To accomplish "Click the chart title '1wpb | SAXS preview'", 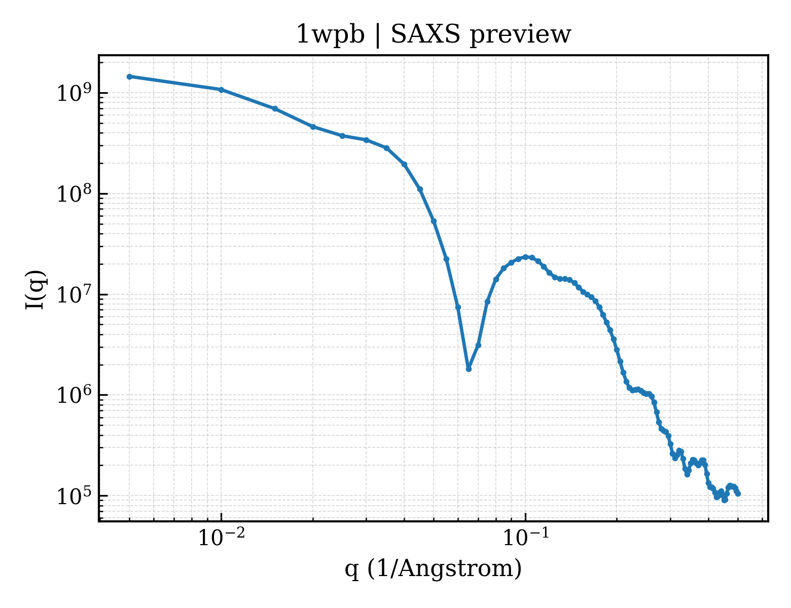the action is click(x=433, y=35).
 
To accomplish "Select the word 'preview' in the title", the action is click(x=521, y=36).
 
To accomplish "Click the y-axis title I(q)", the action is click(x=35, y=289).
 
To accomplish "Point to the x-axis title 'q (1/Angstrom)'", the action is click(x=433, y=569).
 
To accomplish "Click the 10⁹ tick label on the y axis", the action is click(x=77, y=93).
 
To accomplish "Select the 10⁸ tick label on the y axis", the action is click(x=77, y=194).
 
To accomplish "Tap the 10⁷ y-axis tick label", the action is click(x=77, y=294).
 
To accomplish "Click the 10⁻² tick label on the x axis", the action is click(x=221, y=537).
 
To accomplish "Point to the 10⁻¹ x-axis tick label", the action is click(x=526, y=537).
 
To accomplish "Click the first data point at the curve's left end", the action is click(x=129, y=77).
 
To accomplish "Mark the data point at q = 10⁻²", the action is click(x=221, y=90).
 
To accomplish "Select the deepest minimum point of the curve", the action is click(x=469, y=369).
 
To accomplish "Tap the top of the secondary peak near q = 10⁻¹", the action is click(x=526, y=257).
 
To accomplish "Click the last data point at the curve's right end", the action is click(x=738, y=494).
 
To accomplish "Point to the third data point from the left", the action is click(x=275, y=109).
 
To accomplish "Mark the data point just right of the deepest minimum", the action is click(x=478, y=345).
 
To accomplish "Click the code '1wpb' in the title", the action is click(x=331, y=35).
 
